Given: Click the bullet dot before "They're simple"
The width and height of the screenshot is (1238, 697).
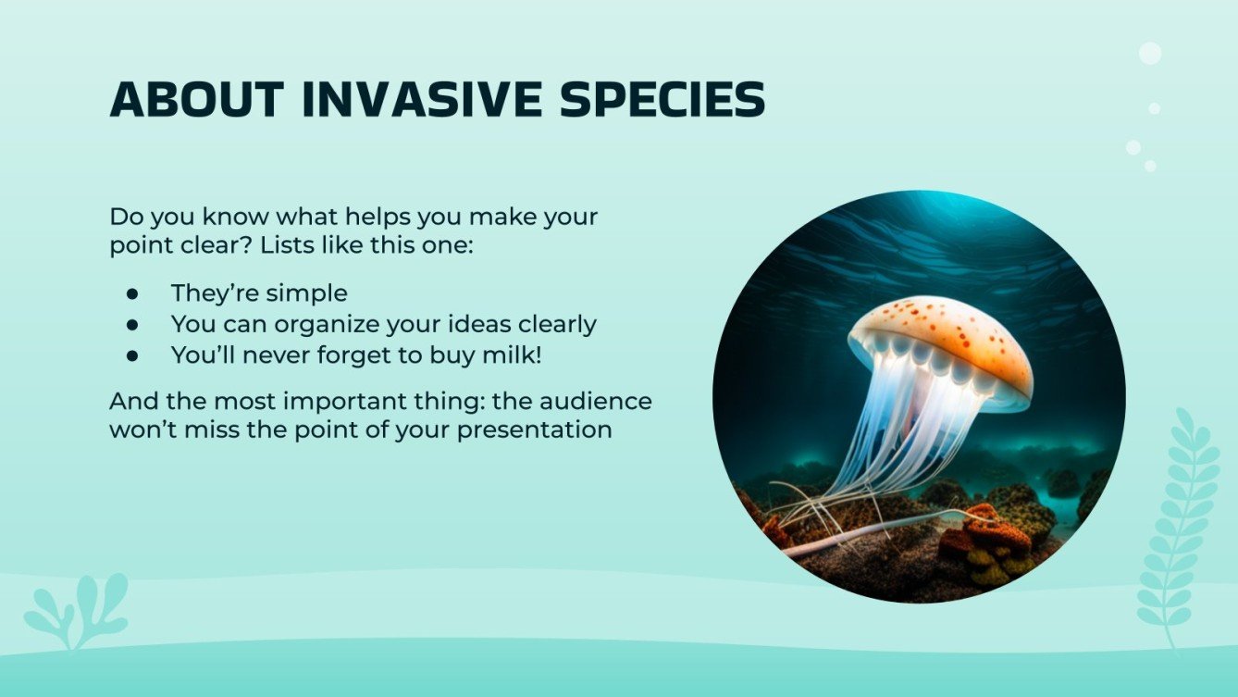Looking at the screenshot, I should point(132,293).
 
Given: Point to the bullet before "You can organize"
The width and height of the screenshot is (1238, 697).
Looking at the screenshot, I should point(132,324).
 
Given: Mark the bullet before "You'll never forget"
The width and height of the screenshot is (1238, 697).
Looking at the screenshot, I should point(132,355).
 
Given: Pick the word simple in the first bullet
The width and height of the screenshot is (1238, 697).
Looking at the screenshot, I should point(306,293).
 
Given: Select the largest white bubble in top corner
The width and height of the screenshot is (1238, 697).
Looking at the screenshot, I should point(1150,54).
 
